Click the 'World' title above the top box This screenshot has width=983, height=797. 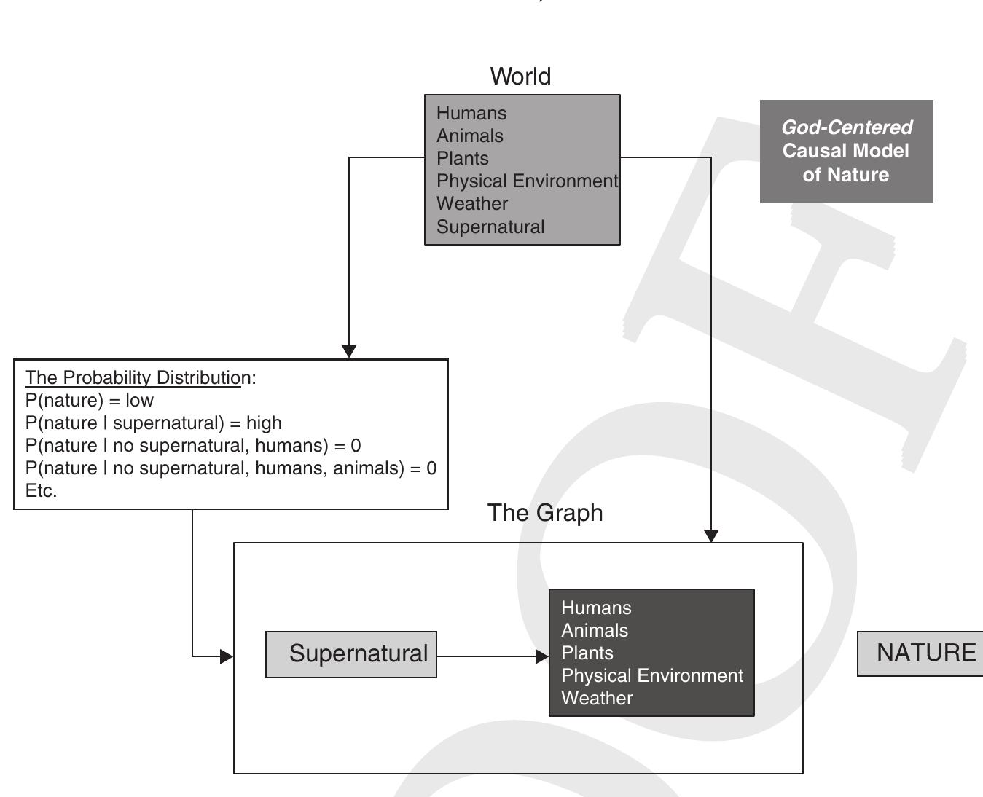click(520, 76)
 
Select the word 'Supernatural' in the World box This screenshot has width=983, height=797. click(490, 227)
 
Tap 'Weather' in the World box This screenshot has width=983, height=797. click(471, 204)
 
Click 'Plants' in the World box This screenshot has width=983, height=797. click(462, 159)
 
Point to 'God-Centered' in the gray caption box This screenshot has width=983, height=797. click(846, 127)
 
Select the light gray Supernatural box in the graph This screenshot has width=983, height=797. click(351, 654)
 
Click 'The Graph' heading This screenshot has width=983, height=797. click(545, 513)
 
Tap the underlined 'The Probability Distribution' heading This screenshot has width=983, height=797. click(133, 378)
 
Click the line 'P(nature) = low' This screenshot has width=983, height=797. click(90, 401)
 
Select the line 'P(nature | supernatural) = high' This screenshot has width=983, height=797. click(153, 423)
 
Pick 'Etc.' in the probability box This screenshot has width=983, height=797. click(41, 491)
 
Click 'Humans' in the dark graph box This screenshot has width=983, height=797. click(596, 608)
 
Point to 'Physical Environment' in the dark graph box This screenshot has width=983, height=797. click(651, 676)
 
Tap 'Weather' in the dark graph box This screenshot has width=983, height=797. click(597, 699)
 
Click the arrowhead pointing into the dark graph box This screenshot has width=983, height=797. click(542, 656)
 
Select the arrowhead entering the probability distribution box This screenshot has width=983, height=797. click(349, 351)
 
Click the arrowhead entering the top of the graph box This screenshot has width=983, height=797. click(711, 535)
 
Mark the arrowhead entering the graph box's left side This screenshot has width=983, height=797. click(227, 656)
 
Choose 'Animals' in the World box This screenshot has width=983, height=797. click(469, 136)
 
